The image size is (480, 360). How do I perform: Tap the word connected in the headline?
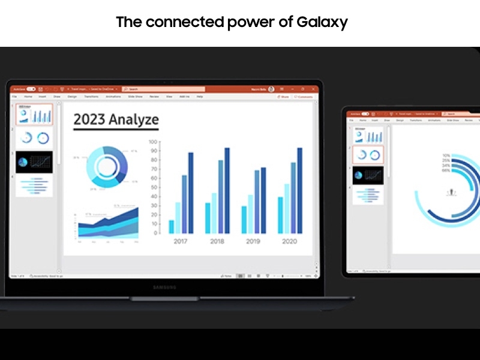[x=176, y=23]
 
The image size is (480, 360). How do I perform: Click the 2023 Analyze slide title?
[x=116, y=119]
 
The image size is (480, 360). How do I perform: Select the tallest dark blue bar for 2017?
[x=191, y=193]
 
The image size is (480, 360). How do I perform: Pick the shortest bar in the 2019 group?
[x=244, y=220]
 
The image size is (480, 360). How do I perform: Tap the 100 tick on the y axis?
[x=153, y=142]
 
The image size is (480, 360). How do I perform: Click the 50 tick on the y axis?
[x=154, y=187]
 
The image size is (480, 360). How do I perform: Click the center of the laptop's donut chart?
[x=106, y=167]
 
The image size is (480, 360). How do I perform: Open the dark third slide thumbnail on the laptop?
[x=34, y=162]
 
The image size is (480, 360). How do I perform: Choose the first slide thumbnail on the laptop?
[x=34, y=115]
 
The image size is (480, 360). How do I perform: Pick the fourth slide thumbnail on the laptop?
[x=34, y=185]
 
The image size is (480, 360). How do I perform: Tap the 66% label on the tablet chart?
[x=446, y=171]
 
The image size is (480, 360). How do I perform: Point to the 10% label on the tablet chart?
[x=446, y=157]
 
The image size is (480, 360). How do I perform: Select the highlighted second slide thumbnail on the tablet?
[x=368, y=154]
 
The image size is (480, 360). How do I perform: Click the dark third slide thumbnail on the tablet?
[x=368, y=176]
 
